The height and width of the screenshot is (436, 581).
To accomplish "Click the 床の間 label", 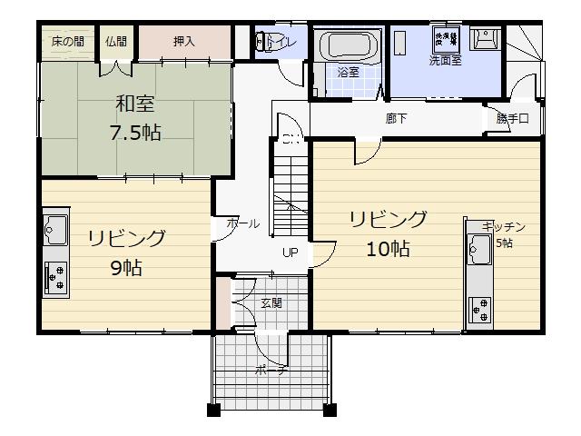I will [66, 41].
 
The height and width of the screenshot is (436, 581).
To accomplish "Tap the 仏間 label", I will [115, 41].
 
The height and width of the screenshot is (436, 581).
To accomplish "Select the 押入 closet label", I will [184, 41].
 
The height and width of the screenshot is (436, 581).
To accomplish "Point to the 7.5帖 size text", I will [135, 134].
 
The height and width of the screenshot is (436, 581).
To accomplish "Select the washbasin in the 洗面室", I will [487, 38].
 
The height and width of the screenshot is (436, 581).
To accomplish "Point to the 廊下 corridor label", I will [396, 118].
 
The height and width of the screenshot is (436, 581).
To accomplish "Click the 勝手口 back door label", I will [511, 119].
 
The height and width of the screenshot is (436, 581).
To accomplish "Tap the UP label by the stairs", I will [290, 253].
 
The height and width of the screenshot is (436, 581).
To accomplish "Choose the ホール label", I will [242, 223].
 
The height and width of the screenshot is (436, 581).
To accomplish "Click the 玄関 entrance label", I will [271, 302].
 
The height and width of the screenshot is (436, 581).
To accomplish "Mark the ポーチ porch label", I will [271, 371].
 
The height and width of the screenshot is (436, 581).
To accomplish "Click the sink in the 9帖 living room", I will [54, 230].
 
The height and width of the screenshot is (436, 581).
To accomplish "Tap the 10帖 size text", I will [388, 249].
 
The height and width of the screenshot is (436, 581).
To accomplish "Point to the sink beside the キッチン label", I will [478, 247].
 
